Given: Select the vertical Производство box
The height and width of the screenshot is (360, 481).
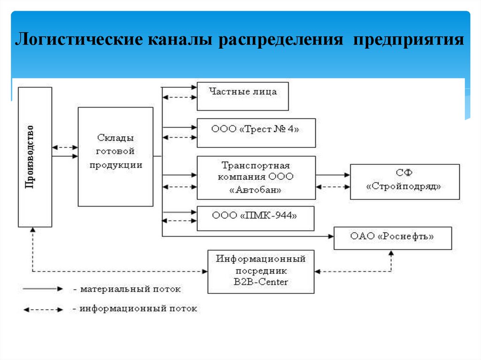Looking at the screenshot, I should (x=35, y=157).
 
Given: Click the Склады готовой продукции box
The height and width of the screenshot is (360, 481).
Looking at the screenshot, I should (x=115, y=157).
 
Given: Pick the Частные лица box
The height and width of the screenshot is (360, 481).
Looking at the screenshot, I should (x=242, y=96).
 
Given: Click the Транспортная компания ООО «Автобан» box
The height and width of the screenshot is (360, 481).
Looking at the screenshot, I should (x=256, y=178).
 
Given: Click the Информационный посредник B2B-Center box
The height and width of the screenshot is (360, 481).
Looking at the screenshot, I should (x=261, y=272).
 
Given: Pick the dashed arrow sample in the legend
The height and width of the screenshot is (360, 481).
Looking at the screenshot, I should (x=43, y=309).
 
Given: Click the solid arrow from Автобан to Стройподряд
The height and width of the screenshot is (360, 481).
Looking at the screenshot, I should (x=333, y=175).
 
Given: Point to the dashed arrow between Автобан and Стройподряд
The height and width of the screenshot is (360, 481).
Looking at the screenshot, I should (x=333, y=186).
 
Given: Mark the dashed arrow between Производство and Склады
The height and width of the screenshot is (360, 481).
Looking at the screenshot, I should (x=65, y=147).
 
